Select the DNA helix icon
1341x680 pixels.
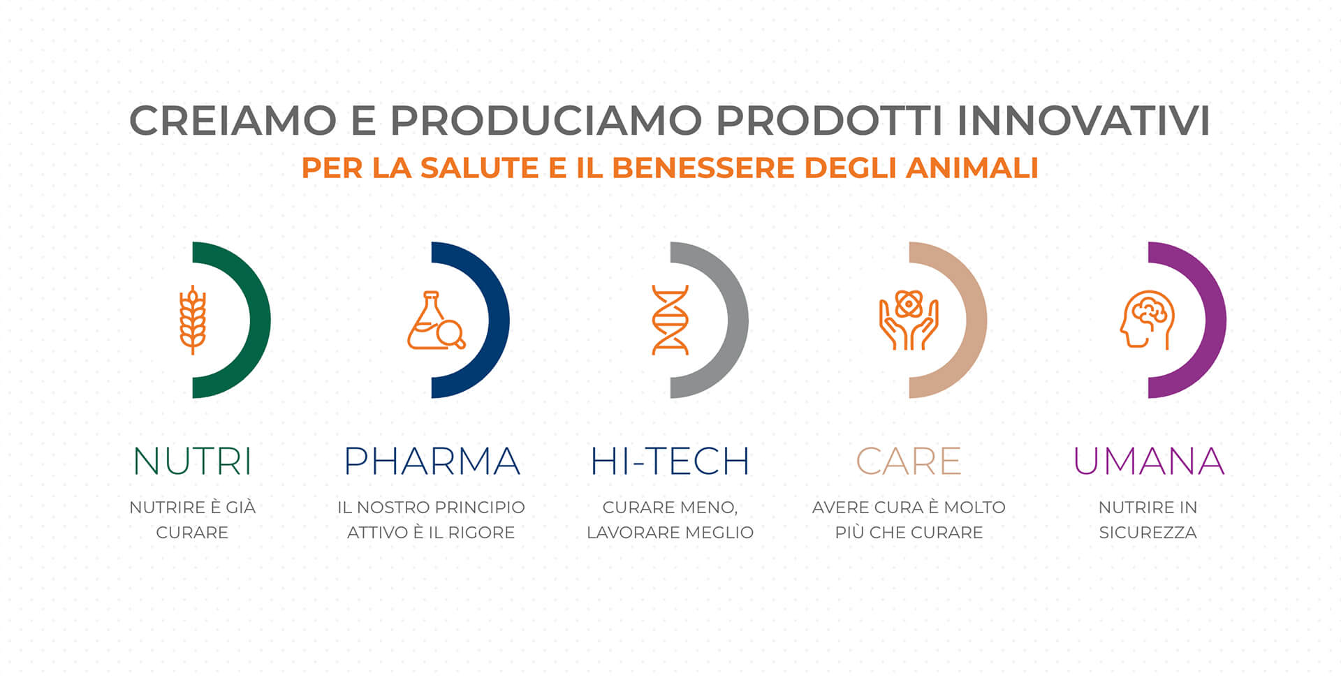(x=670, y=320)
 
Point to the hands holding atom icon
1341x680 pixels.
(x=909, y=320)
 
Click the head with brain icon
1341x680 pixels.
(x=1148, y=320)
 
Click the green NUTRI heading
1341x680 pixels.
(x=192, y=461)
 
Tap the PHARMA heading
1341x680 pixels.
(x=432, y=461)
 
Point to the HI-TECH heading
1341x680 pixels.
(x=670, y=461)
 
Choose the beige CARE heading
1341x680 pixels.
(x=909, y=461)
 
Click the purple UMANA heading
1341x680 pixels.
(x=1149, y=461)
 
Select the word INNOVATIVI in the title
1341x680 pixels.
(x=1083, y=120)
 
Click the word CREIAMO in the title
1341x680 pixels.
(x=233, y=120)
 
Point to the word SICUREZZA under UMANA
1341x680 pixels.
(x=1148, y=533)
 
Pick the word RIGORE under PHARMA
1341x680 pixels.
(x=481, y=533)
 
